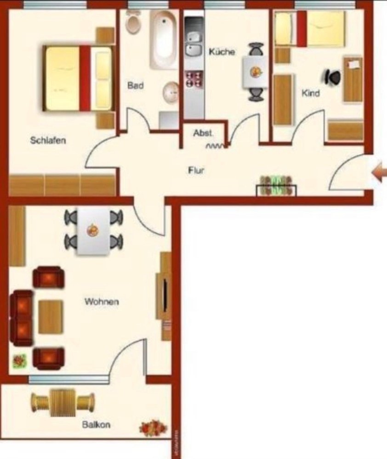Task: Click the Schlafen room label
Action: (48, 140)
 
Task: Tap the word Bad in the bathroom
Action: (135, 85)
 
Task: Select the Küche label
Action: (222, 52)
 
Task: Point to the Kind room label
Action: (310, 93)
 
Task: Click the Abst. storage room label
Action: (203, 133)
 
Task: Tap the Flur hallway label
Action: (196, 170)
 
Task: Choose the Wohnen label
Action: (102, 302)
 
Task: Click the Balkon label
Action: (96, 425)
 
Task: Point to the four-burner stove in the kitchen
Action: (193, 79)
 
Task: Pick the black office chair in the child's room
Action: (333, 77)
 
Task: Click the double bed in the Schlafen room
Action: (78, 78)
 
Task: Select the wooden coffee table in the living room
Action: (50, 316)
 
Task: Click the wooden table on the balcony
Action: (62, 402)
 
